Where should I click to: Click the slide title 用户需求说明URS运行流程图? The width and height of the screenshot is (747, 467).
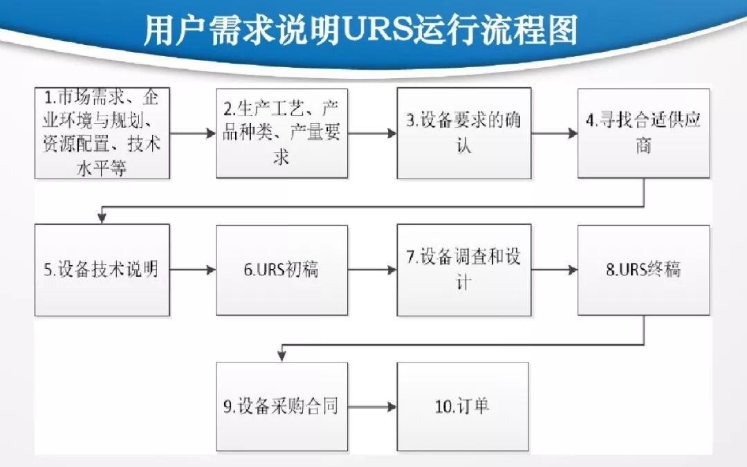(x=360, y=32)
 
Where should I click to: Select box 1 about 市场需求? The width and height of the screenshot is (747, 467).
(x=102, y=133)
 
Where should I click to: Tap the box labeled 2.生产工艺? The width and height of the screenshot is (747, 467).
(x=282, y=133)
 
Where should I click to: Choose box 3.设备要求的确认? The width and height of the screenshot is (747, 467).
(x=463, y=133)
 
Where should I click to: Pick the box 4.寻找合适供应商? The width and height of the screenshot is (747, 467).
(x=643, y=133)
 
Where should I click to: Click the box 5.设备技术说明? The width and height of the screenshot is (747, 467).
(x=102, y=270)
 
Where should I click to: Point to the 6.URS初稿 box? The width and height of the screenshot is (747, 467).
(x=282, y=270)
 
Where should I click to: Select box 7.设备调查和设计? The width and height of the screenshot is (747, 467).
(x=463, y=270)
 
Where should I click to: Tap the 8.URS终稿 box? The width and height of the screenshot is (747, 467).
(x=643, y=270)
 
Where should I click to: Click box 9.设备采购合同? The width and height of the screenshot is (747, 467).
(x=282, y=406)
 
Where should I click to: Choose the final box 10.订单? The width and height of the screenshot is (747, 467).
(x=463, y=406)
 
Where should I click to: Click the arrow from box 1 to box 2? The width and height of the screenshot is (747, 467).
(x=193, y=134)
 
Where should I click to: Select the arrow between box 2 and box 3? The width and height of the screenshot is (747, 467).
(x=373, y=134)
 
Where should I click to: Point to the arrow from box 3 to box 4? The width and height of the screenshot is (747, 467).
(x=555, y=134)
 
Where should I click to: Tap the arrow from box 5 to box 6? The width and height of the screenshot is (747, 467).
(x=193, y=270)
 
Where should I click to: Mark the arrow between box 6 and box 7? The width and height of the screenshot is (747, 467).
(x=373, y=270)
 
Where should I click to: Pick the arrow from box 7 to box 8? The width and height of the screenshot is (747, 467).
(x=555, y=270)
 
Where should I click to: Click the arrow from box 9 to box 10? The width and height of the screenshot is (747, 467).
(x=373, y=407)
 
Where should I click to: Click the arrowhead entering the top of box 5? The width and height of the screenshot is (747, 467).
(x=102, y=218)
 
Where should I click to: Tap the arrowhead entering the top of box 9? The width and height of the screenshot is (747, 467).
(x=282, y=356)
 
